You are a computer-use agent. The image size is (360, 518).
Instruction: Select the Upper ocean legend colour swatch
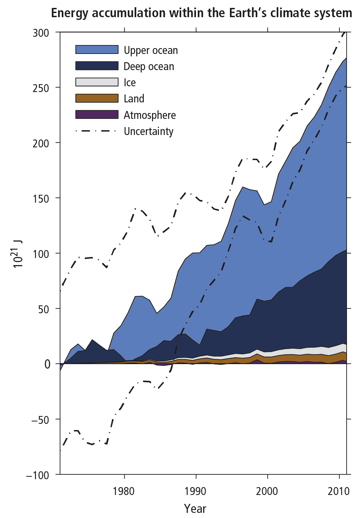[97, 49]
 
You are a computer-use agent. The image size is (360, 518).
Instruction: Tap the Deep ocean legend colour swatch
[97, 66]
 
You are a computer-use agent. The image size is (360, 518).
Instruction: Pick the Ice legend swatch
[97, 82]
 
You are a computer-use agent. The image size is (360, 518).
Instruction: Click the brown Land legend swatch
[97, 98]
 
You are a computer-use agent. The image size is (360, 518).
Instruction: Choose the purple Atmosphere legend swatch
[97, 114]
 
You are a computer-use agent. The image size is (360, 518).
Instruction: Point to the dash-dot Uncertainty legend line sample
[97, 131]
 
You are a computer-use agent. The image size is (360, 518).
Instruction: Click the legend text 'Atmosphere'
[150, 115]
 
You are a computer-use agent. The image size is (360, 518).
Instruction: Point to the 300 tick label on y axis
[41, 33]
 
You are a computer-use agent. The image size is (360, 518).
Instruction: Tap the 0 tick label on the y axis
[47, 364]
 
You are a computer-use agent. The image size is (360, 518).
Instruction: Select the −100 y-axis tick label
[37, 475]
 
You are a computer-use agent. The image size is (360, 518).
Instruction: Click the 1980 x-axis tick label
[124, 492]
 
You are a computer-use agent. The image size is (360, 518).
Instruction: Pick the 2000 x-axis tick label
[267, 492]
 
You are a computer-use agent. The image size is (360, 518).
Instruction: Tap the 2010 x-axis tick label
[338, 492]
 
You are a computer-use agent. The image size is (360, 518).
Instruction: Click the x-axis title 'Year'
[195, 509]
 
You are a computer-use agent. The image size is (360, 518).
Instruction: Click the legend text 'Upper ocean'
[151, 50]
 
